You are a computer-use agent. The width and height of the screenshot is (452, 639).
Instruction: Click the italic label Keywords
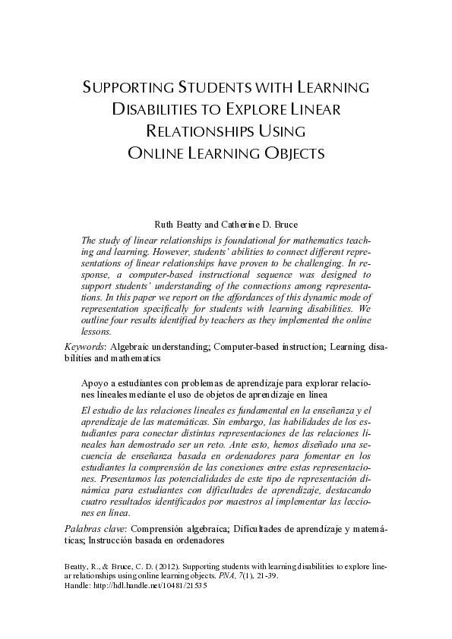[x=85, y=346]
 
